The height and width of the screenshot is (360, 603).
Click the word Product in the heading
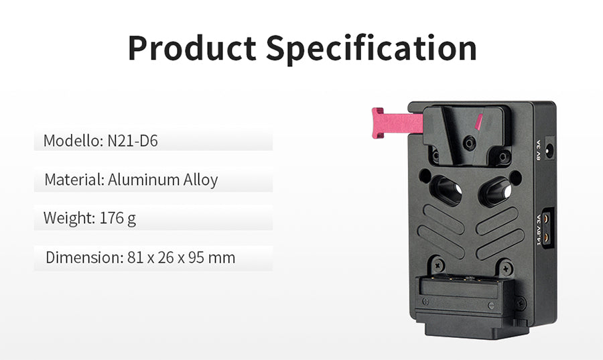click(192, 48)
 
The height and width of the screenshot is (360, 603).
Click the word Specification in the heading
click(371, 49)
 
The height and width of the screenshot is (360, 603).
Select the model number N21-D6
click(133, 141)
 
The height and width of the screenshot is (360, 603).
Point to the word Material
click(74, 180)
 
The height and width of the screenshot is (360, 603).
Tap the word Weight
click(69, 219)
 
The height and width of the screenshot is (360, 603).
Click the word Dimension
click(84, 257)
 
